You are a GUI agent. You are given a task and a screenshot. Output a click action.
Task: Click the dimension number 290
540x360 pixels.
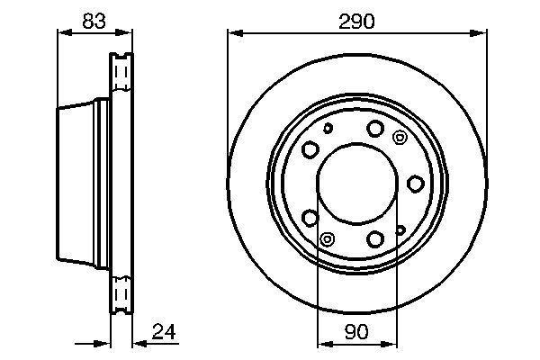click(356, 22)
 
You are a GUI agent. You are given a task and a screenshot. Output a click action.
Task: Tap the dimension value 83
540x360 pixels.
click(94, 21)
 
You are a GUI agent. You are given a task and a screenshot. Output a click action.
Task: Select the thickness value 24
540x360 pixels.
click(164, 331)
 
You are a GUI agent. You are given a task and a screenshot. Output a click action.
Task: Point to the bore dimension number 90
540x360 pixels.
click(356, 331)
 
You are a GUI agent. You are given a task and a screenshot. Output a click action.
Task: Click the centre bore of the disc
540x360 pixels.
click(357, 184)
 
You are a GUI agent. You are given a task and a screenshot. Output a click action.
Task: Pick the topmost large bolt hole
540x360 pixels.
click(375, 128)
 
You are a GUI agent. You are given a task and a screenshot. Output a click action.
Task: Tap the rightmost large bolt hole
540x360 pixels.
click(415, 184)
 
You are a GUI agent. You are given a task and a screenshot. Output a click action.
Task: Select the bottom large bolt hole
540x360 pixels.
click(375, 238)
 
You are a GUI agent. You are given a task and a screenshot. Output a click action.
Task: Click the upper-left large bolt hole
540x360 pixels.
click(310, 149)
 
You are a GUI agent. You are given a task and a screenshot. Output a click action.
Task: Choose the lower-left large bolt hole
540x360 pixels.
click(310, 218)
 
